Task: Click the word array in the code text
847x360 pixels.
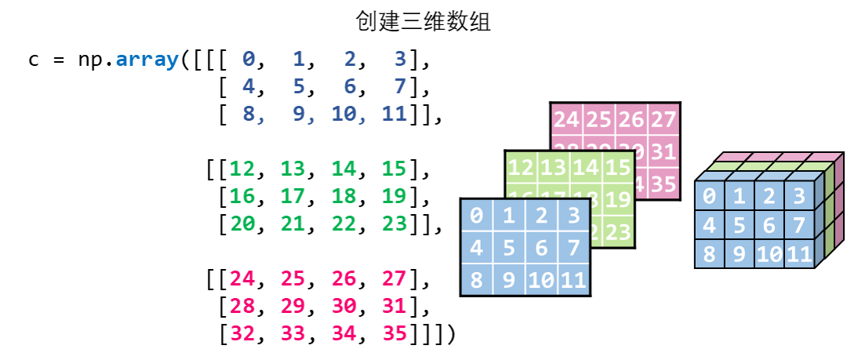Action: (x=147, y=59)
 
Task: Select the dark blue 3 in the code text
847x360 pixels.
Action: (x=400, y=59)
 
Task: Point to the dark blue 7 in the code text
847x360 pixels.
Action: (x=400, y=86)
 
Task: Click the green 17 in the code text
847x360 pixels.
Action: (x=293, y=196)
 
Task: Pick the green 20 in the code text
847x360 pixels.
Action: (x=242, y=224)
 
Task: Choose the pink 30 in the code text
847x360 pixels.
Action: (x=344, y=306)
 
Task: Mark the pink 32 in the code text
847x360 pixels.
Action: (x=242, y=333)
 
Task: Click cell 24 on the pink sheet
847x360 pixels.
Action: (x=567, y=120)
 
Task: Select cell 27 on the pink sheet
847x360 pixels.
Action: (x=663, y=120)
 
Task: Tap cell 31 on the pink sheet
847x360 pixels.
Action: (x=663, y=151)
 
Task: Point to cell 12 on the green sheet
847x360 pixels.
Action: (x=522, y=167)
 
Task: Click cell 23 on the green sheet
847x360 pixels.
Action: (x=618, y=231)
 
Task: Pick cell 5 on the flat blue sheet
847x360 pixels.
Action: (x=509, y=247)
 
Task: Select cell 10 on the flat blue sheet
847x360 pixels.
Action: (x=541, y=280)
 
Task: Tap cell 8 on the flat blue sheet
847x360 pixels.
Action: (x=477, y=280)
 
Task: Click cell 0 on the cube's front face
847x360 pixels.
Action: (x=709, y=196)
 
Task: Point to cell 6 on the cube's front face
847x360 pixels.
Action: (x=769, y=226)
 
